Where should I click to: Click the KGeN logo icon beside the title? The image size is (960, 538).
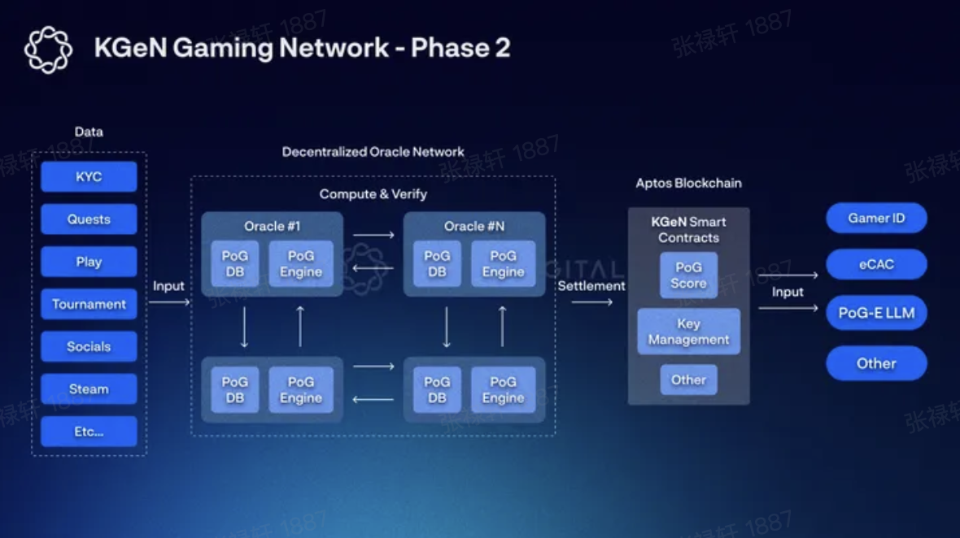(48, 50)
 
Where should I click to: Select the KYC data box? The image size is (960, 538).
(89, 176)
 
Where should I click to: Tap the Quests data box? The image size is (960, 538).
(89, 219)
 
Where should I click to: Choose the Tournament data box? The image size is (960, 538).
(89, 304)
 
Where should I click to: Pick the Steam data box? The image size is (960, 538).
(89, 388)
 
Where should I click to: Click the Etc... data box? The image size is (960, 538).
(89, 432)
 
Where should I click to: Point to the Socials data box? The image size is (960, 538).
(89, 346)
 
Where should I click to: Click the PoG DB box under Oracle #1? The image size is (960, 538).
(235, 263)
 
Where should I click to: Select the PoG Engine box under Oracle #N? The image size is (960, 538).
(503, 263)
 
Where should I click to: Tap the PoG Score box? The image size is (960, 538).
(688, 275)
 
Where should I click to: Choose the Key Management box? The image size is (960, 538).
(688, 331)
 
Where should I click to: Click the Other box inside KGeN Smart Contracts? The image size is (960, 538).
(688, 380)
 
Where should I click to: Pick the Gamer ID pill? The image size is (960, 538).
(876, 218)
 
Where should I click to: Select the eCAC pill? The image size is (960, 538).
(876, 264)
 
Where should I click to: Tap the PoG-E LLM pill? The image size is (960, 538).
(876, 313)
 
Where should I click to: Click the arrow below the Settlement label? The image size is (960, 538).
(591, 302)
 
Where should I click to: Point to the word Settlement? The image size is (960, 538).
(591, 285)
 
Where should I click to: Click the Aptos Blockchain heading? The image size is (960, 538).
(688, 184)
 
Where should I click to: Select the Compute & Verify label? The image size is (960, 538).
(373, 194)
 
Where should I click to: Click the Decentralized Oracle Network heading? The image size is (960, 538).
(373, 152)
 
